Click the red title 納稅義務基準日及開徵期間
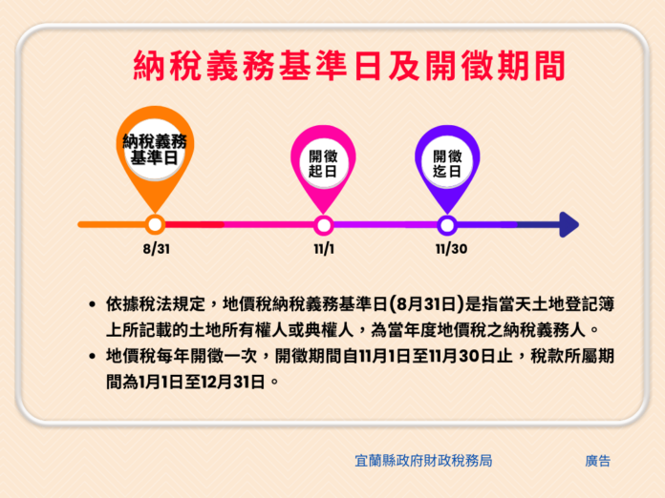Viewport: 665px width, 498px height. point(349,66)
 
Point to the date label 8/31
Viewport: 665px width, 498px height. point(157,249)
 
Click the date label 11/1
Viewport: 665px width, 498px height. point(324,249)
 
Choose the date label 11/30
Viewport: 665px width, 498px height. point(451,249)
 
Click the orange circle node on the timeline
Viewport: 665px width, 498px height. point(155,224)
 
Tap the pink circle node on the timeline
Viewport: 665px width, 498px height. point(324,225)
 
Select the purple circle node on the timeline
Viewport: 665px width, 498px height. point(447,225)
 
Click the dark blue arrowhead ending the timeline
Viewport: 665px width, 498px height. point(569,224)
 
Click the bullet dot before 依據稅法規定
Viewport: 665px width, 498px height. point(92,304)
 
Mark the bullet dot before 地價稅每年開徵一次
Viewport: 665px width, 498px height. point(92,356)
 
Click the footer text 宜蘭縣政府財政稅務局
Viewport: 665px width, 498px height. point(423,461)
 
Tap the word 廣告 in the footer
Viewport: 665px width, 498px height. point(597,461)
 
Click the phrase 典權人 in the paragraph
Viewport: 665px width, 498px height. point(330,330)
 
